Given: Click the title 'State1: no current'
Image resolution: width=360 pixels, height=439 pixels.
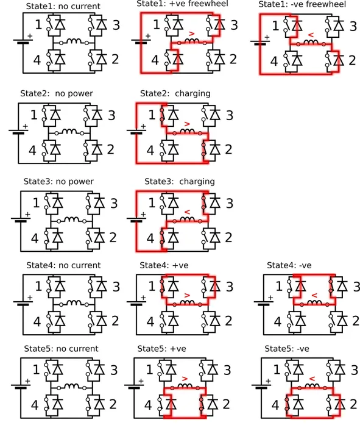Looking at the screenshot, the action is [63, 6].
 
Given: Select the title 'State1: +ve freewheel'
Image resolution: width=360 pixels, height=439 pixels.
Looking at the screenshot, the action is [182, 4].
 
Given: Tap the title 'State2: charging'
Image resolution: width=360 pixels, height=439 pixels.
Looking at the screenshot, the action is [175, 93].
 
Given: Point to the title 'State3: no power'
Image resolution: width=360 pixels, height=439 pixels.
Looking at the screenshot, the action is [58, 181].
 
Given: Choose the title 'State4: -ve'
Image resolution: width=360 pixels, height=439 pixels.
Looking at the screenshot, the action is [289, 265].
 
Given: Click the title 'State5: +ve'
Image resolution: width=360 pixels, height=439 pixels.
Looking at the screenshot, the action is [161, 349].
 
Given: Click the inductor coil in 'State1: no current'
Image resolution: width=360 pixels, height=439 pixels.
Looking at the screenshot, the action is [74, 41].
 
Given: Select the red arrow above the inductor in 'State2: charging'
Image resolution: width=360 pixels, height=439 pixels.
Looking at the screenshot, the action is [187, 124].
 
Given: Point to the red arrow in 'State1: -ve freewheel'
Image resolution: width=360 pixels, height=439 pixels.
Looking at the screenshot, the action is [311, 35].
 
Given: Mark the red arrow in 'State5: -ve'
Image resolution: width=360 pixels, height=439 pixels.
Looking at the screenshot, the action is [312, 379].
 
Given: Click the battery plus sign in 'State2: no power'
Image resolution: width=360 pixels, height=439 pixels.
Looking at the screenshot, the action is [25, 127].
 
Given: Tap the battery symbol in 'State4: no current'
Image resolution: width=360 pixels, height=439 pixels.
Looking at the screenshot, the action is [23, 303].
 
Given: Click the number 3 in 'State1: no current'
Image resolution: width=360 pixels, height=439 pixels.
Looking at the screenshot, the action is [116, 25].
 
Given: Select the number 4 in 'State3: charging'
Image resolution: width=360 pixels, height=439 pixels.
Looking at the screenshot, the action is [150, 238].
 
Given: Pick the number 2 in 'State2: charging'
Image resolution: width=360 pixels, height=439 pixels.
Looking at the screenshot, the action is [228, 149].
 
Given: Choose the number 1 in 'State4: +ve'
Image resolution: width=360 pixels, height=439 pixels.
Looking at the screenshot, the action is [152, 286].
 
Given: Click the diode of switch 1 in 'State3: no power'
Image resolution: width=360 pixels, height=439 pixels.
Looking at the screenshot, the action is [58, 202].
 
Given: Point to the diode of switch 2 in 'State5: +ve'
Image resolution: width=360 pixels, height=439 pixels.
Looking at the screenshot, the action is [213, 404].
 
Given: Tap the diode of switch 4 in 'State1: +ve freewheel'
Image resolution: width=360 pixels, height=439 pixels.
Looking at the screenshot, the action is [178, 59].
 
